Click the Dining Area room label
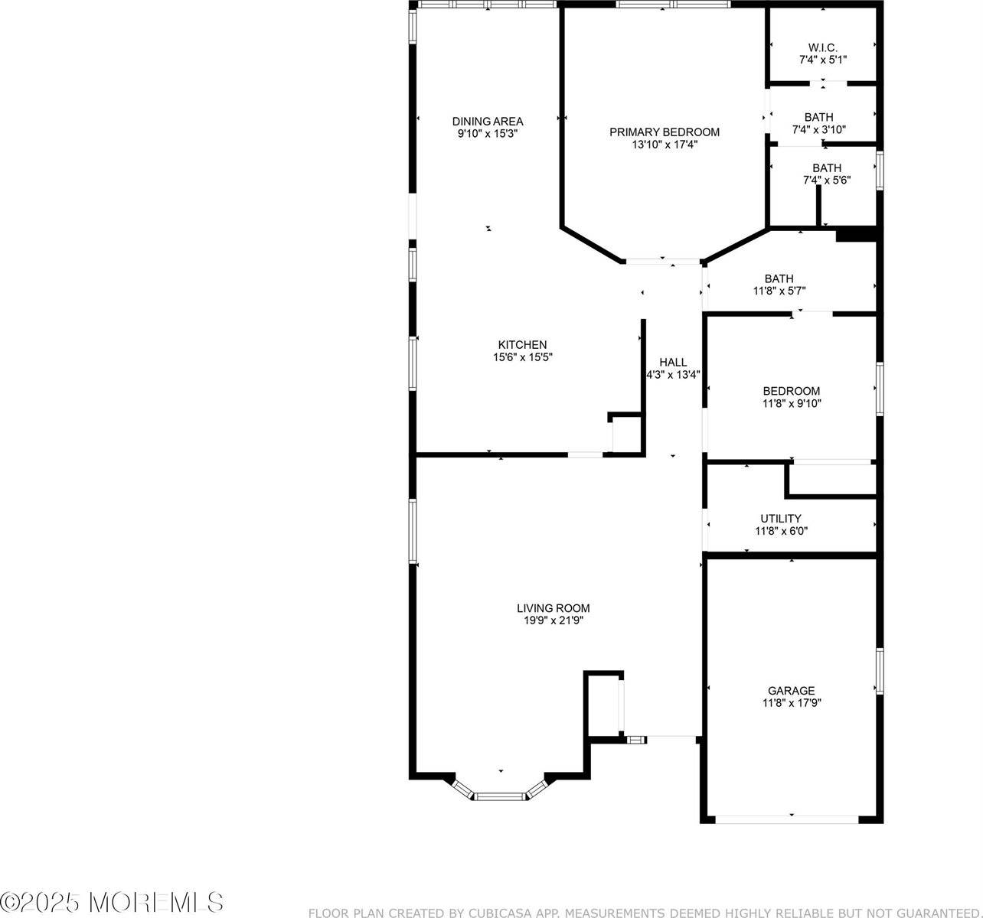coord(488,121)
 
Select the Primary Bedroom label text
coord(664,132)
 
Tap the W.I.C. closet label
coord(822,47)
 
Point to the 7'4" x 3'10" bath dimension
coord(818,129)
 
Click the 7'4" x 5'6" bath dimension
coord(826,180)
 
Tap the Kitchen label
coord(522,345)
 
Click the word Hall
coord(673,363)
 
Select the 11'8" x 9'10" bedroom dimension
coord(791,403)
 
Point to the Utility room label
coord(781,518)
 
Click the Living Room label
coord(553,608)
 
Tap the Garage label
coord(792,690)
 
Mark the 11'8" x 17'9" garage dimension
coord(792,702)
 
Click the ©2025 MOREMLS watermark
coord(113,901)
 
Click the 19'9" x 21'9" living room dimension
coord(553,620)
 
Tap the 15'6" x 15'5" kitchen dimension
coord(522,357)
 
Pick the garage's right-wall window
coord(880,671)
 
